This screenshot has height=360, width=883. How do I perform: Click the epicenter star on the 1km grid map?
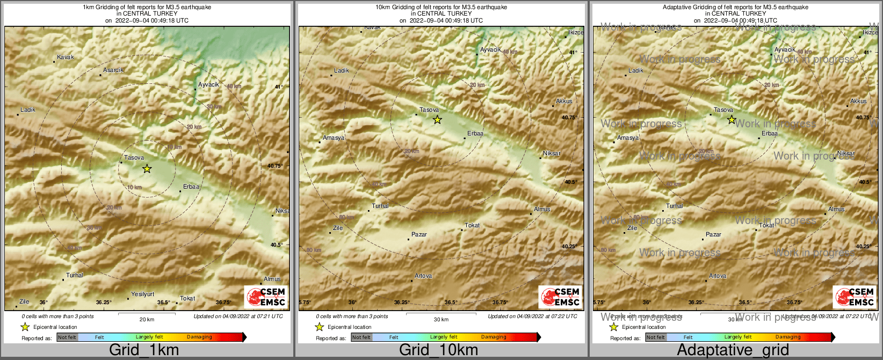pos(147,169)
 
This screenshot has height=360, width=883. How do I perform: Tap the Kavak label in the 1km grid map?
pos(66,57)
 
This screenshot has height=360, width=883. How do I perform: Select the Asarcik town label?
pos(113,70)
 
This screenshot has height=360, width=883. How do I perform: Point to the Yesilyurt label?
pos(143,294)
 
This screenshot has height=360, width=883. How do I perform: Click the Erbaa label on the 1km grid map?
pos(191,186)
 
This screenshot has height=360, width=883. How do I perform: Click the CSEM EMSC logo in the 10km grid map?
pos(560,297)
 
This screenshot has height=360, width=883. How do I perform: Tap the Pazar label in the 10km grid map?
pos(419,234)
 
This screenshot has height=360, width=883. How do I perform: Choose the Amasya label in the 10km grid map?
pos(334,138)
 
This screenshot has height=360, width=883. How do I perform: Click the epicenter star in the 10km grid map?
pos(437,120)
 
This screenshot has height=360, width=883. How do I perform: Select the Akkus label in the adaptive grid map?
pos(858,101)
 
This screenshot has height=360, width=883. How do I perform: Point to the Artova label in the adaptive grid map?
pos(718,276)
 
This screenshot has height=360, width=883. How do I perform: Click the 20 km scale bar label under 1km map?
pos(147,319)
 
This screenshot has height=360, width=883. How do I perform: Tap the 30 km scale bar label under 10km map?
pos(441,319)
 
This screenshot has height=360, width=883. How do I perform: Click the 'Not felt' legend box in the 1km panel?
pos(67,337)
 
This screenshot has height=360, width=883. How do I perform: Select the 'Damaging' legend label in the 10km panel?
pos(494,337)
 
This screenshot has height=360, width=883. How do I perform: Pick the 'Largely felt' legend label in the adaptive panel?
pos(737,337)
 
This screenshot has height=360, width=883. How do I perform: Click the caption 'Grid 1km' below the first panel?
pos(144,350)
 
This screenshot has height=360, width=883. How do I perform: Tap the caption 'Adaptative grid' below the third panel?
pos(733,350)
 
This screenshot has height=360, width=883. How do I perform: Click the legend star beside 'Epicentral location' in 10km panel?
pos(319,327)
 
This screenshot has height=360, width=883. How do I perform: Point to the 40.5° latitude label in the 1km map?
pos(276,244)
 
